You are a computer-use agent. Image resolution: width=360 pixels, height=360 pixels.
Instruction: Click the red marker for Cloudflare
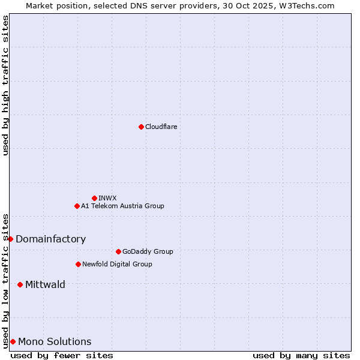141,127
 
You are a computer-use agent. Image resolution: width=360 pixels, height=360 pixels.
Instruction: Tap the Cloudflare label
161,127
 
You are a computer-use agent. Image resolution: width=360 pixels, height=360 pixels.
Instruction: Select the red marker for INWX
94,198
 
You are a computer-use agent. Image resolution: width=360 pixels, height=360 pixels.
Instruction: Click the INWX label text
107,198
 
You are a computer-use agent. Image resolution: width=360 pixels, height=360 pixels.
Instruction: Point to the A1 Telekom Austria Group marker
77,206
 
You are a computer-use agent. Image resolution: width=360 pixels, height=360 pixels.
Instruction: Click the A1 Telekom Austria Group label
122,206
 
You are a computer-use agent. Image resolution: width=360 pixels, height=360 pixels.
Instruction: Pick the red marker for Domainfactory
10,239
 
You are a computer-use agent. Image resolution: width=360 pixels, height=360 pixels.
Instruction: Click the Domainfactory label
50,239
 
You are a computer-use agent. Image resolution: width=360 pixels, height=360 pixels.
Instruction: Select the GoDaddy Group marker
118,251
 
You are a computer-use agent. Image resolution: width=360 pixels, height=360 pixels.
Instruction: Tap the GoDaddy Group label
147,251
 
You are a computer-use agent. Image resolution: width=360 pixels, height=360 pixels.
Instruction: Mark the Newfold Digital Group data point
78,264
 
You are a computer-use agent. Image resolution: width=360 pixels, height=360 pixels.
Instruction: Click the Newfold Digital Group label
117,264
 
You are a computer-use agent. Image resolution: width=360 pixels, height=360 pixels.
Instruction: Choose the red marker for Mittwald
20,284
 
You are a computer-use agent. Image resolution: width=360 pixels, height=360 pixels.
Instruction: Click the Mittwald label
45,284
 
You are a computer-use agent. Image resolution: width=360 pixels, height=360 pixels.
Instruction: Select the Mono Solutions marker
13,341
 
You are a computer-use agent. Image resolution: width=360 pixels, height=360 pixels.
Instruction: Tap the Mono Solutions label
55,341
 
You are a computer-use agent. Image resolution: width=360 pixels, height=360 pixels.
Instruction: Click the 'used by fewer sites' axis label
62,355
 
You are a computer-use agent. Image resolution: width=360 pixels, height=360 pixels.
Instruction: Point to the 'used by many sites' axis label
301,355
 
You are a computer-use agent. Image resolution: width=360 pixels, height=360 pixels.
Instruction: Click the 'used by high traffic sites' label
5,85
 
